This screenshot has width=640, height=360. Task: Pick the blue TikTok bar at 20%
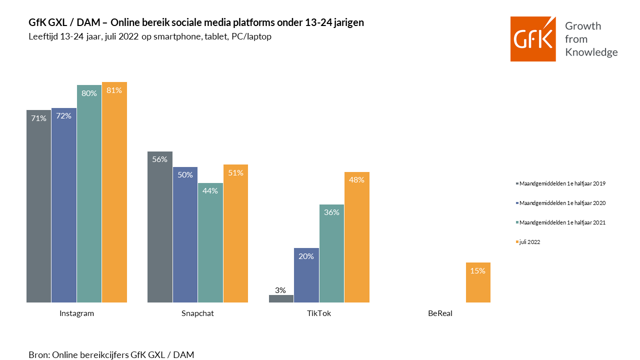click(x=306, y=275)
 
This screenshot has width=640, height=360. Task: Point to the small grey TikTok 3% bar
click(x=281, y=298)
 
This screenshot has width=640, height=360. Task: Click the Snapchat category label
click(x=197, y=314)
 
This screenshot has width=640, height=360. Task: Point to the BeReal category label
click(x=440, y=314)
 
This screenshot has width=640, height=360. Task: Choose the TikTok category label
click(x=319, y=314)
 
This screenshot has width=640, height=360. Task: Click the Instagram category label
click(x=76, y=314)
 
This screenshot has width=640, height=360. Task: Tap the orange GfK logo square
click(x=533, y=39)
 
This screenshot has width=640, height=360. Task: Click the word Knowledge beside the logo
click(x=591, y=52)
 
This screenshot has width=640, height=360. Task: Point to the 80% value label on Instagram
click(x=89, y=93)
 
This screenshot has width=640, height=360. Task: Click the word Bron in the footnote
click(x=38, y=355)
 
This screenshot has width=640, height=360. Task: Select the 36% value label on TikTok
click(x=331, y=212)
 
